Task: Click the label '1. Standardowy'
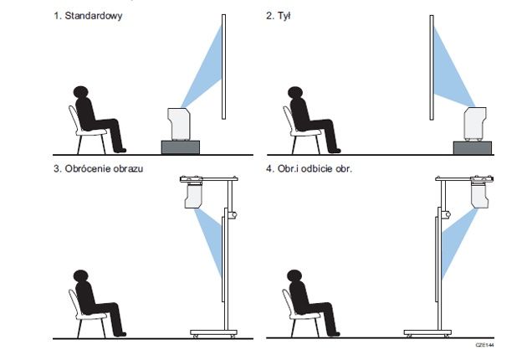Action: tap(88, 16)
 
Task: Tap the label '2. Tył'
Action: tap(279, 16)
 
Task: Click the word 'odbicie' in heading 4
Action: tap(316, 168)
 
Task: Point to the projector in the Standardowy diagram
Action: tap(179, 123)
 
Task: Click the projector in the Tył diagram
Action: tap(475, 124)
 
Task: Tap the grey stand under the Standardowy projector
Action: tap(181, 147)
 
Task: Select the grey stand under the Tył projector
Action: tap(473, 147)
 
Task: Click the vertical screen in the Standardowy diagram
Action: tap(224, 67)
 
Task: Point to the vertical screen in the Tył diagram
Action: tap(432, 67)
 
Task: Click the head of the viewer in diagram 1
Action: tap(80, 92)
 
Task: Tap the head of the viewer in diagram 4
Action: tap(294, 276)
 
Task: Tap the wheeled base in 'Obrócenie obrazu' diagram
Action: tap(213, 333)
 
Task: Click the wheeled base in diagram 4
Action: tap(427, 333)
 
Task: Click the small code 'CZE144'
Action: tap(484, 345)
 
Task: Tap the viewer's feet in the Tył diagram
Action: tap(334, 151)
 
